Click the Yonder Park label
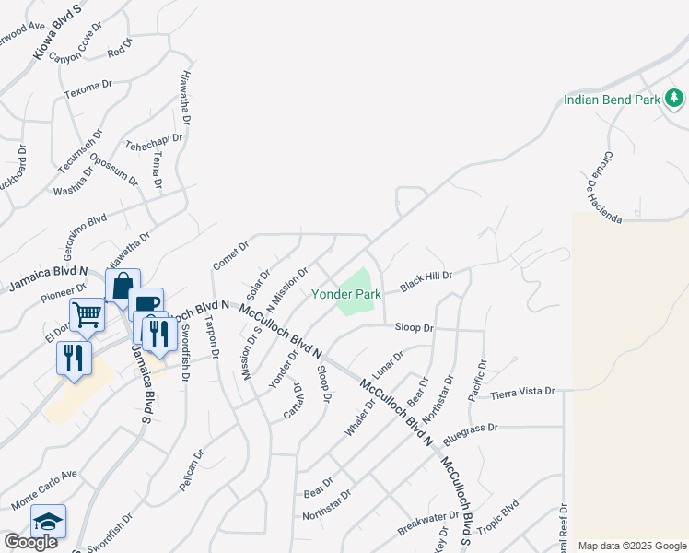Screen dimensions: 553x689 (x=345, y=294)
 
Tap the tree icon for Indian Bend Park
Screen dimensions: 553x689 (x=674, y=97)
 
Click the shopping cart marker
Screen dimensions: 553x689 (x=87, y=313)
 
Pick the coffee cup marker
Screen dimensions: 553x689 (x=146, y=303)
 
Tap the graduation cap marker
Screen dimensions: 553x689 (x=48, y=522)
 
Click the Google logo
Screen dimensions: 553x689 (x=30, y=542)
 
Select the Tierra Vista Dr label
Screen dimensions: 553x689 (x=523, y=392)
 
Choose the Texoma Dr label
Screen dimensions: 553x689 (x=87, y=89)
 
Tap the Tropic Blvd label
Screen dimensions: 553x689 (x=497, y=513)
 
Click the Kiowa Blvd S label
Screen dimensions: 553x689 (x=57, y=30)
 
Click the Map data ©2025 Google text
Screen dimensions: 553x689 (x=633, y=546)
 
